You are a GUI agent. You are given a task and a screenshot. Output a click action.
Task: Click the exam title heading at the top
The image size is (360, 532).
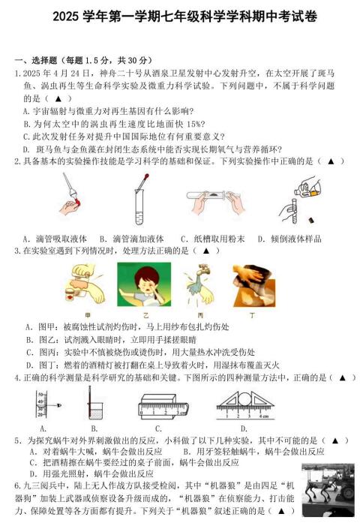pyautogui.click(x=185, y=17)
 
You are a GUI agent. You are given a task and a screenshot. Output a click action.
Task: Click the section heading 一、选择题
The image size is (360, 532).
pyautogui.click(x=35, y=60)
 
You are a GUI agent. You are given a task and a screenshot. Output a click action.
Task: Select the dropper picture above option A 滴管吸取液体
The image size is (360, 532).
pyautogui.click(x=70, y=195)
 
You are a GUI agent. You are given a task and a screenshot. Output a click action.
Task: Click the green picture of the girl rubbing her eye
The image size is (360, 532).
pyautogui.click(x=144, y=284)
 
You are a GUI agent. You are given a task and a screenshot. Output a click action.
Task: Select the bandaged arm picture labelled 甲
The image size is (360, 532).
pyautogui.click(x=85, y=284)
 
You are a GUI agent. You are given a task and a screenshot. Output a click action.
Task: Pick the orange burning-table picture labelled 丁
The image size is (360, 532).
pyautogui.click(x=254, y=285)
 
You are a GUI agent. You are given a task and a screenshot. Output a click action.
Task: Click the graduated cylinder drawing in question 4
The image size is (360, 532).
pyautogui.click(x=42, y=404)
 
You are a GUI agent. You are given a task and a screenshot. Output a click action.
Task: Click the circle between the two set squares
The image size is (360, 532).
pyautogui.click(x=244, y=399)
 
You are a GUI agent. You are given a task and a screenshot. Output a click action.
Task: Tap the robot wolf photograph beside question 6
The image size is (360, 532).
pyautogui.click(x=328, y=490)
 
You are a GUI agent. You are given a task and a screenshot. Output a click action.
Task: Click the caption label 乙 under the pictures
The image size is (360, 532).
pyautogui.click(x=145, y=315)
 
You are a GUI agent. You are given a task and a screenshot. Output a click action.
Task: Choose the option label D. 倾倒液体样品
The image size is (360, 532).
pyautogui.click(x=289, y=239)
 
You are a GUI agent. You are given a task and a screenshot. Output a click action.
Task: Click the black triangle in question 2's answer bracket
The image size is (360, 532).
pyautogui.click(x=331, y=161)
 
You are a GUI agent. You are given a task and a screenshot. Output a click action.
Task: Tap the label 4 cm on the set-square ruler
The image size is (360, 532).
pyautogui.click(x=264, y=416)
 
